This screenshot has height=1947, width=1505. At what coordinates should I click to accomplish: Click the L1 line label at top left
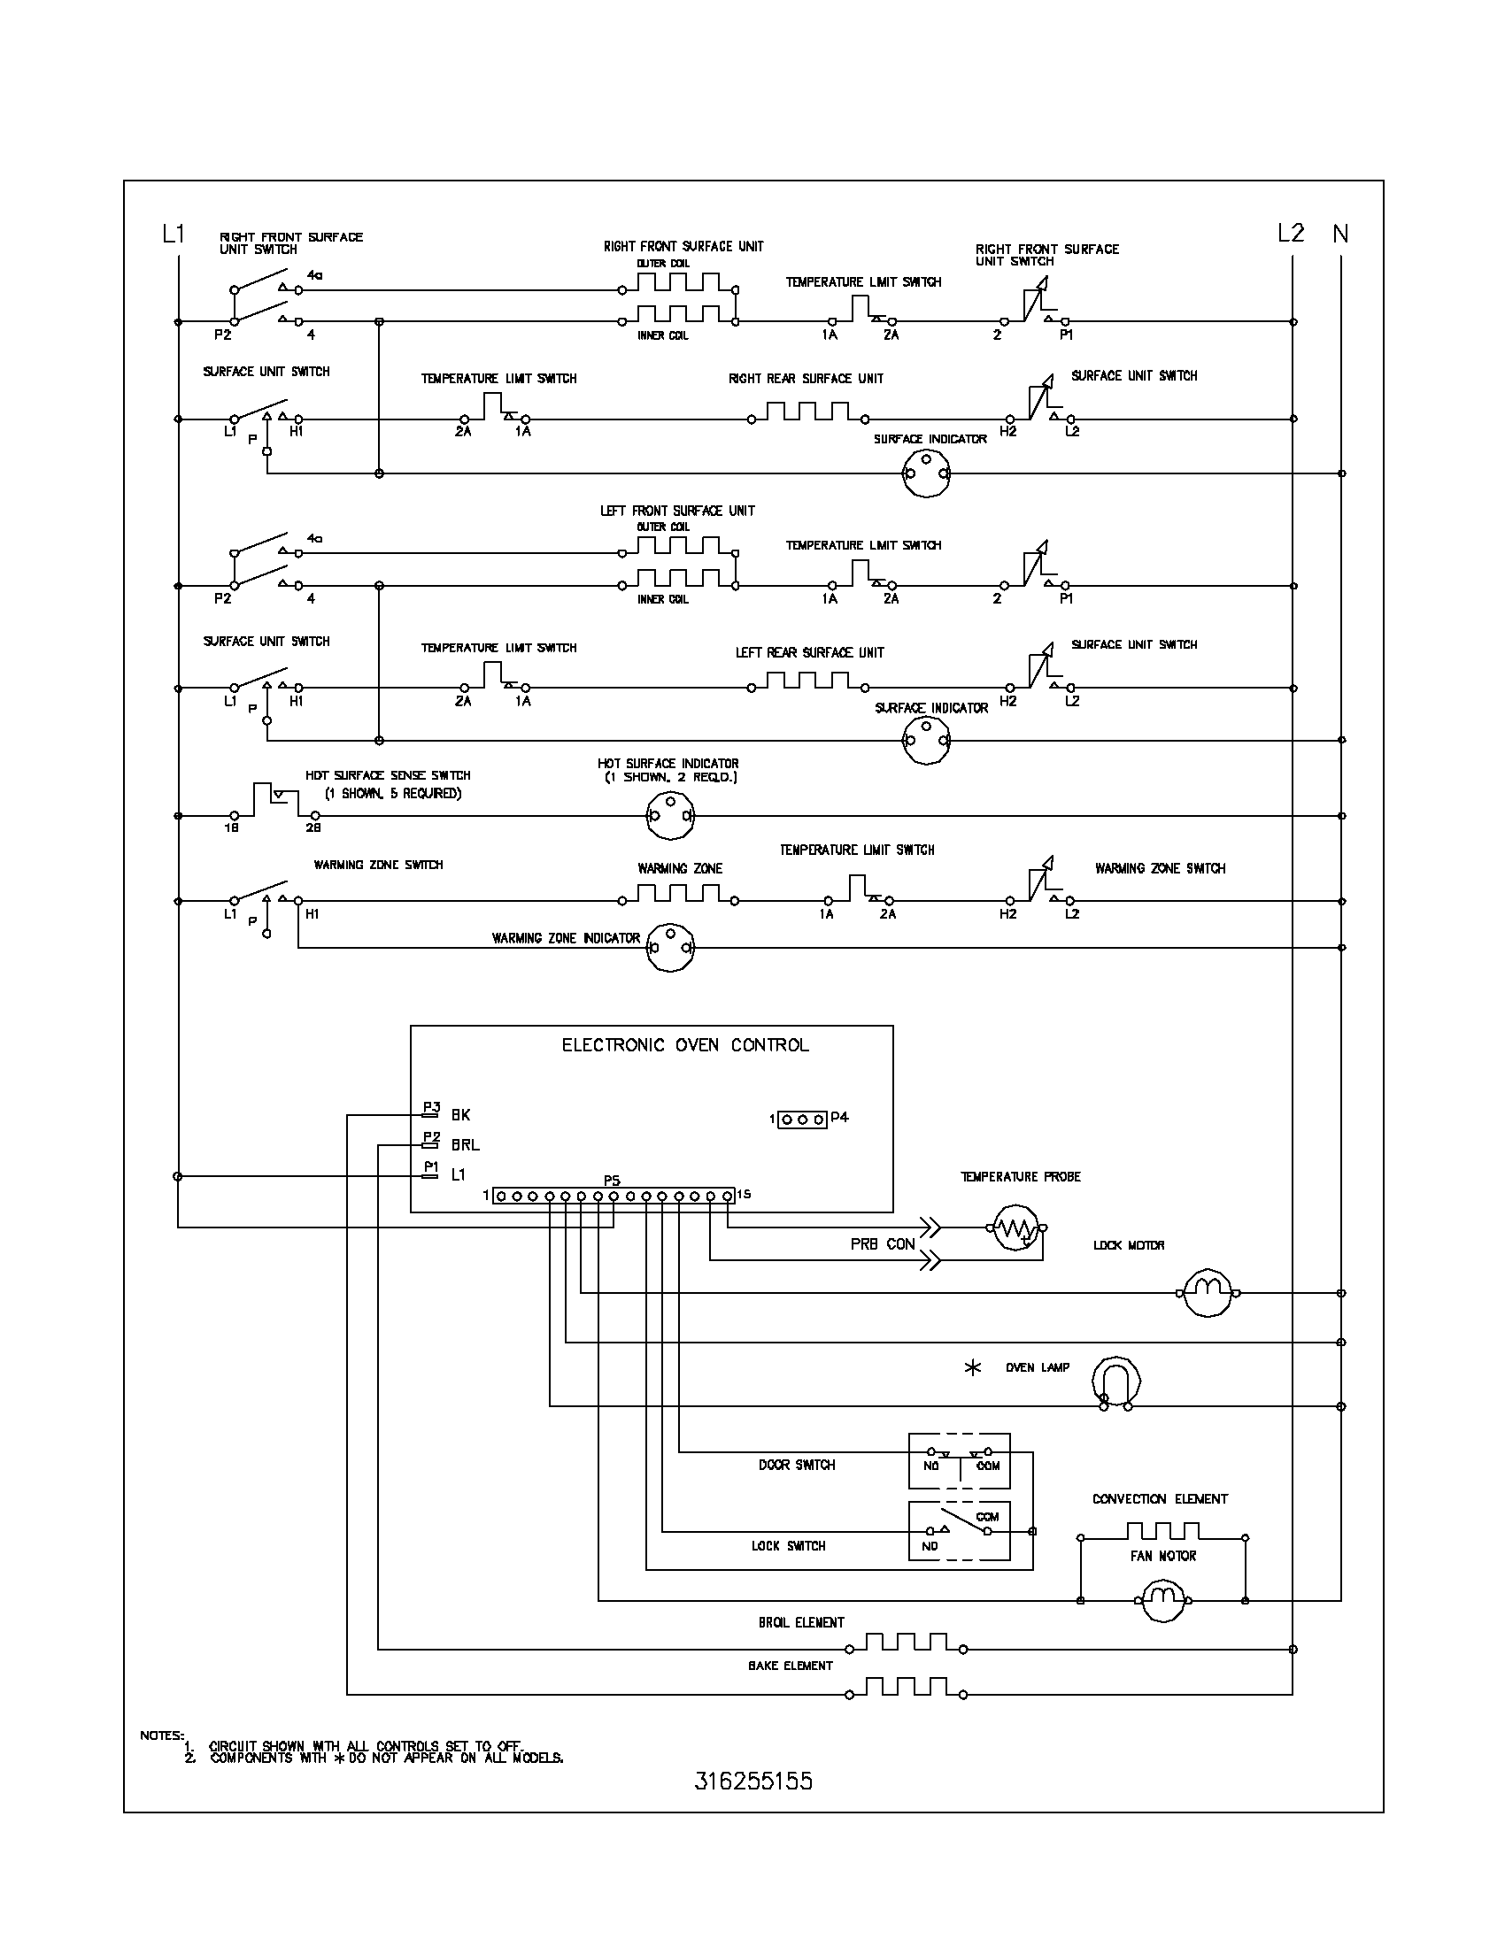click(173, 234)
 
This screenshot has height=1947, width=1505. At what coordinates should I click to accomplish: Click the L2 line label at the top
click(1290, 234)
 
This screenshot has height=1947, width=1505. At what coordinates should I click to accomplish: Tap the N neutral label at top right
click(1340, 234)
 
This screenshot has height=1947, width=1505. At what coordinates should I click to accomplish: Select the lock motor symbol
click(1208, 1293)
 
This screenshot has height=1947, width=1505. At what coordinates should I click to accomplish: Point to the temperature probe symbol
click(1016, 1227)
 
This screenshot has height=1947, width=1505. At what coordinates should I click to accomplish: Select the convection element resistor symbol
click(1162, 1532)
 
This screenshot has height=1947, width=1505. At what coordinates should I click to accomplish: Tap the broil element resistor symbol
click(905, 1642)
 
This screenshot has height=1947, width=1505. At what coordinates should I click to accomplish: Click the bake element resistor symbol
click(905, 1687)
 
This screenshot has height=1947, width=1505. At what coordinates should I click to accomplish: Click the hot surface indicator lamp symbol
click(669, 815)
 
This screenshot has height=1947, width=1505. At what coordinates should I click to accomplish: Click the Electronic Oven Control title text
click(684, 1045)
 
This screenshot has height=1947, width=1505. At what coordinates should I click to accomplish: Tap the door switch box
click(960, 1461)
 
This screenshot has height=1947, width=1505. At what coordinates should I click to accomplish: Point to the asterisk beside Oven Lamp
click(973, 1367)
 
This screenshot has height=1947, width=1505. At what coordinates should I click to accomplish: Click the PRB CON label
click(882, 1243)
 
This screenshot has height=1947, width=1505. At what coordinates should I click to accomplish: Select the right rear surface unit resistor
click(807, 412)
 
